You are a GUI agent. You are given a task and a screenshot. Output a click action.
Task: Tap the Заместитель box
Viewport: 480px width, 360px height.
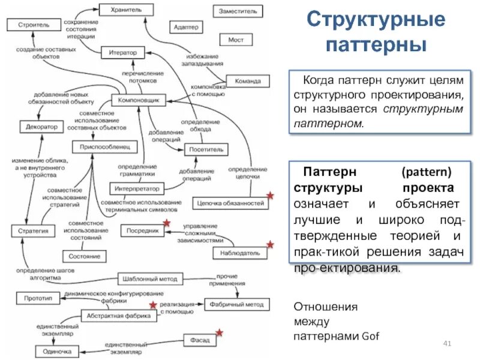(x=238, y=11)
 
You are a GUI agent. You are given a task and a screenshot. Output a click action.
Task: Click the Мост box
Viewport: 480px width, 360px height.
(x=236, y=40)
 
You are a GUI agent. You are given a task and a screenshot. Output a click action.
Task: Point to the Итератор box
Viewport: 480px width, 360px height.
(x=123, y=53)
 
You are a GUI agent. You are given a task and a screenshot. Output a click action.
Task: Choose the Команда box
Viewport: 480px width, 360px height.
(x=248, y=81)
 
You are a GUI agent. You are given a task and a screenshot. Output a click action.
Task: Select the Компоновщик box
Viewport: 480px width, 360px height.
(x=138, y=101)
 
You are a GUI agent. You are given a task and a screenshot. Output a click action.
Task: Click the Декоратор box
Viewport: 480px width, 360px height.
(x=41, y=127)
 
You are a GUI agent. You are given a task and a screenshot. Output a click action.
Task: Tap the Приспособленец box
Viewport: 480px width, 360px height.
(x=105, y=146)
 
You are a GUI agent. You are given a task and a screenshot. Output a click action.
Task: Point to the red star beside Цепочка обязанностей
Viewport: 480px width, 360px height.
(x=270, y=196)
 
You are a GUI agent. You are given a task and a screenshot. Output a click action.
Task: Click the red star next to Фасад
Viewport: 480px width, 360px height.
(x=220, y=332)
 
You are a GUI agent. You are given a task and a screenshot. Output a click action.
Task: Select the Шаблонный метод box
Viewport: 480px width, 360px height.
(x=149, y=279)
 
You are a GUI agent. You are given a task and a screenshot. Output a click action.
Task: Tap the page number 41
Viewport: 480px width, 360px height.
(x=446, y=343)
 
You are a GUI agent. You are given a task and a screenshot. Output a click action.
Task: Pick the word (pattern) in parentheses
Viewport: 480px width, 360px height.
(x=427, y=171)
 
